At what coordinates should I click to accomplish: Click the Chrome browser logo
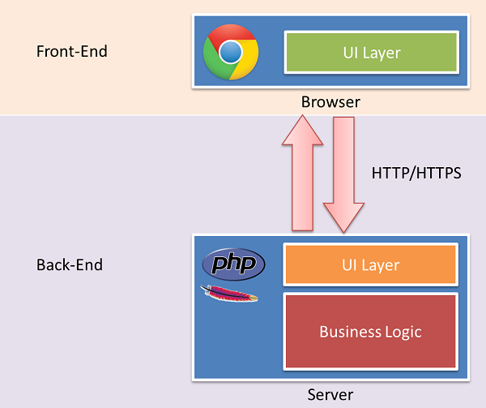click(x=231, y=51)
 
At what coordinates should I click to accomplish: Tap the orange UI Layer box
click(x=371, y=265)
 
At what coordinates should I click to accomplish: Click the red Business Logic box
click(x=371, y=330)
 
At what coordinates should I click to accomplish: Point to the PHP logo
click(x=233, y=264)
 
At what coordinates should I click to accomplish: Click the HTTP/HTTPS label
click(x=416, y=173)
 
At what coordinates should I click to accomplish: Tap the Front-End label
click(x=72, y=51)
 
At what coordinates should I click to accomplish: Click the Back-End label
click(x=70, y=265)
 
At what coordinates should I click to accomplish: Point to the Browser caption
click(x=330, y=102)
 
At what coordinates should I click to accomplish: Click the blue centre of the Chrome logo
click(x=231, y=52)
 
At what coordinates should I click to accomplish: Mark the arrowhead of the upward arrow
click(x=301, y=130)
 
